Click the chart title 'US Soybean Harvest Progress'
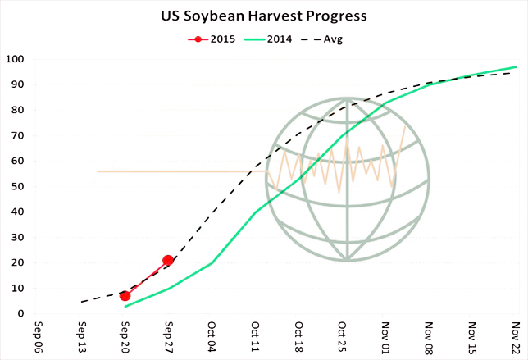pyautogui.click(x=263, y=16)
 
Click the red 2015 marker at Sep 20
pyautogui.click(x=125, y=295)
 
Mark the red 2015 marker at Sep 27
pyautogui.click(x=168, y=260)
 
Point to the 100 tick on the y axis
pyautogui.click(x=15, y=59)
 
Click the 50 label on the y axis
pyautogui.click(x=17, y=186)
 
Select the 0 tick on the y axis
pyautogui.click(x=20, y=313)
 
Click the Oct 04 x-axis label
pyautogui.click(x=212, y=337)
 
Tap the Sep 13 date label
pyautogui.click(x=82, y=337)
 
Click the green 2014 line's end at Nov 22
pyautogui.click(x=516, y=67)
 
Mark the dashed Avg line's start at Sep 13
pyautogui.click(x=82, y=302)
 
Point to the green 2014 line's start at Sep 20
pyautogui.click(x=125, y=307)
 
